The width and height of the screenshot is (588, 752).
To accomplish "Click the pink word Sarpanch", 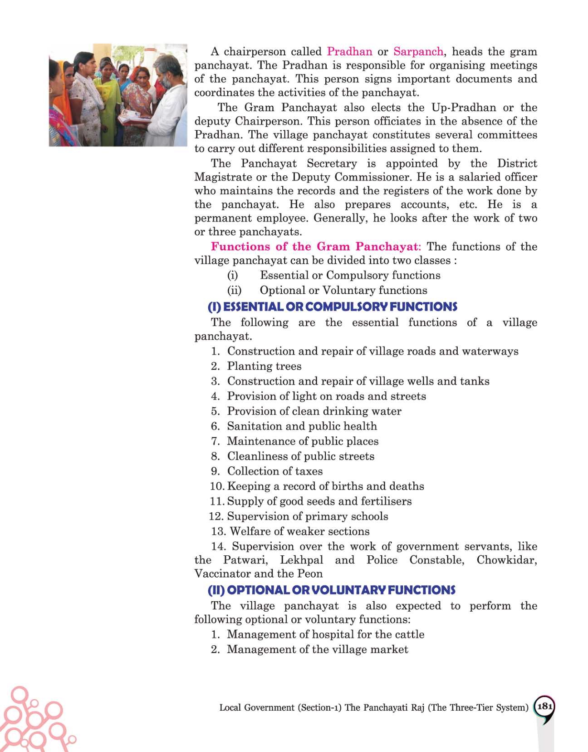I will (x=418, y=52).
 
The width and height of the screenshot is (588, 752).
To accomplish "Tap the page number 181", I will (x=544, y=707).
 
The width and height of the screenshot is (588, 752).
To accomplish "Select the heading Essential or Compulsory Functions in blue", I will (x=332, y=307).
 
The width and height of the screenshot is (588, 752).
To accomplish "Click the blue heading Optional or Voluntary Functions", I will (x=331, y=590).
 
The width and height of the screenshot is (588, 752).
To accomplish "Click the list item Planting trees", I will (x=264, y=366).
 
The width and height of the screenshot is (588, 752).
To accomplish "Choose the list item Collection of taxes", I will (x=275, y=471).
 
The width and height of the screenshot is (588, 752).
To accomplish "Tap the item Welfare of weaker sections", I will (x=299, y=531).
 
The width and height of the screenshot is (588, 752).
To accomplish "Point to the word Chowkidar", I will (x=506, y=560).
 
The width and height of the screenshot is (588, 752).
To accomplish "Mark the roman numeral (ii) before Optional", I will (x=234, y=291).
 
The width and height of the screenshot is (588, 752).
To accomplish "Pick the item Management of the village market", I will (x=317, y=649).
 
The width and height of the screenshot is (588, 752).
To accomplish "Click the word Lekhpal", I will (x=301, y=560).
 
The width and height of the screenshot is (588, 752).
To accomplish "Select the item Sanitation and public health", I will (x=302, y=426).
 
